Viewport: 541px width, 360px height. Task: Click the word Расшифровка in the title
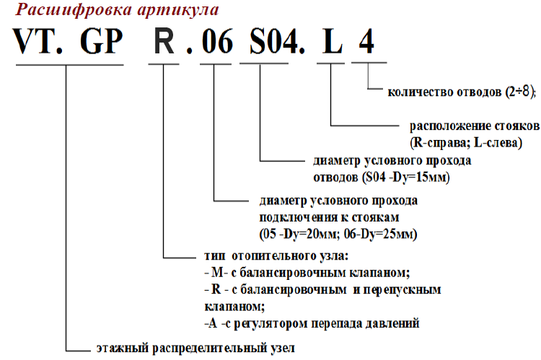[73, 9]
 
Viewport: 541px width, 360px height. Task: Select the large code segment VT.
[38, 41]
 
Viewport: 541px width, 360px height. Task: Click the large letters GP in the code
[102, 41]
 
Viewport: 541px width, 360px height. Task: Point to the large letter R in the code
[164, 41]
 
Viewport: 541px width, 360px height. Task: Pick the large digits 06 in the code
[217, 41]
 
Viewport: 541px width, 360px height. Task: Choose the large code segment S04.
[277, 41]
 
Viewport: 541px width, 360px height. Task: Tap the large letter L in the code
[333, 41]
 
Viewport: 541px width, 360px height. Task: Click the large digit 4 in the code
[366, 41]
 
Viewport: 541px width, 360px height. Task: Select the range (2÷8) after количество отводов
[520, 92]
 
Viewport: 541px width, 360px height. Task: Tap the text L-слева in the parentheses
[498, 143]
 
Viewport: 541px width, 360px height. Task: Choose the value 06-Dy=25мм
[381, 234]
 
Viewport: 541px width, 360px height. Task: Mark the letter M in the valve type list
[217, 272]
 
